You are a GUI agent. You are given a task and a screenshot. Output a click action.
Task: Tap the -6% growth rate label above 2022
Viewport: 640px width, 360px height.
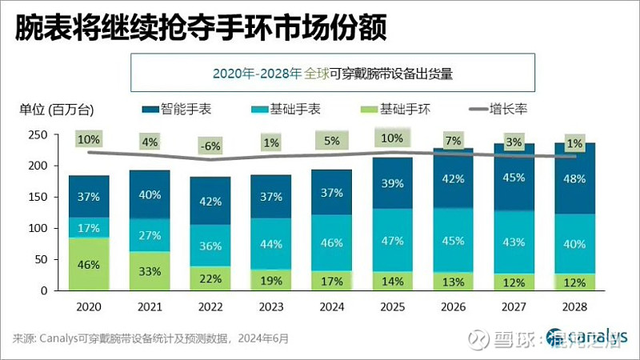210,146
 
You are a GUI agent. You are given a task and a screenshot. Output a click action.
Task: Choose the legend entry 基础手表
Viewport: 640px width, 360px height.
289,109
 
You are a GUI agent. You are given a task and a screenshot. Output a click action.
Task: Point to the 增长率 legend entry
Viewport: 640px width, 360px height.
506,109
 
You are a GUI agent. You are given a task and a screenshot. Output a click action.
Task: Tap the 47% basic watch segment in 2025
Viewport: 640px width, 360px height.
392,240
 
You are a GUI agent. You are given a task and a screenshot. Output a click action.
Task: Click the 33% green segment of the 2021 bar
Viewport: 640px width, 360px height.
150,270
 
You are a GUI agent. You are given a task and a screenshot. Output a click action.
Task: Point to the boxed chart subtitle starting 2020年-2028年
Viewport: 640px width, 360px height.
333,74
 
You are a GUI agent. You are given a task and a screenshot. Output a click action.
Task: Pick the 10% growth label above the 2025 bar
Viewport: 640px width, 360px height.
392,138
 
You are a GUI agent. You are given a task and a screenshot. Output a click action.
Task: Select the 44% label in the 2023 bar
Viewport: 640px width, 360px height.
270,244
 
